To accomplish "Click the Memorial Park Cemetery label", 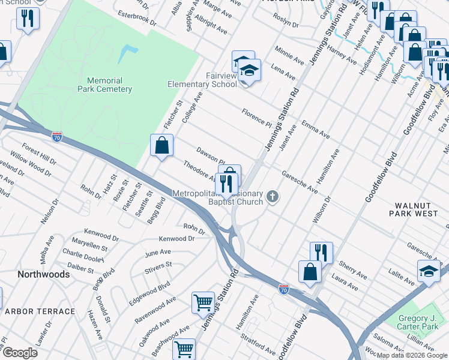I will click(x=104, y=85).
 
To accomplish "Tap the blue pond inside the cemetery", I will click(x=127, y=54).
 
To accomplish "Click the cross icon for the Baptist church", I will click(x=273, y=196).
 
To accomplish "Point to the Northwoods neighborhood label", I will click(x=43, y=274).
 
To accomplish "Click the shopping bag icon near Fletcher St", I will click(x=161, y=145).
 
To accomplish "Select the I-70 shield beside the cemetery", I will click(x=57, y=136).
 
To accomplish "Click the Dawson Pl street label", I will click(x=210, y=156).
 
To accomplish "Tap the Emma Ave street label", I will click(x=316, y=129).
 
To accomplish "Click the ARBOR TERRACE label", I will click(x=40, y=311).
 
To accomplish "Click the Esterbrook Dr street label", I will click(x=137, y=22).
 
